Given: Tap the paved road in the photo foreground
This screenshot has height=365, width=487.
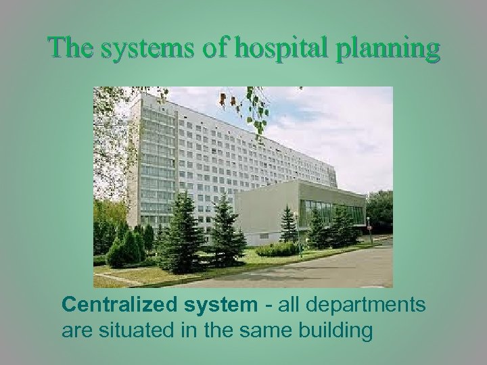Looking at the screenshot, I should coord(304,270).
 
